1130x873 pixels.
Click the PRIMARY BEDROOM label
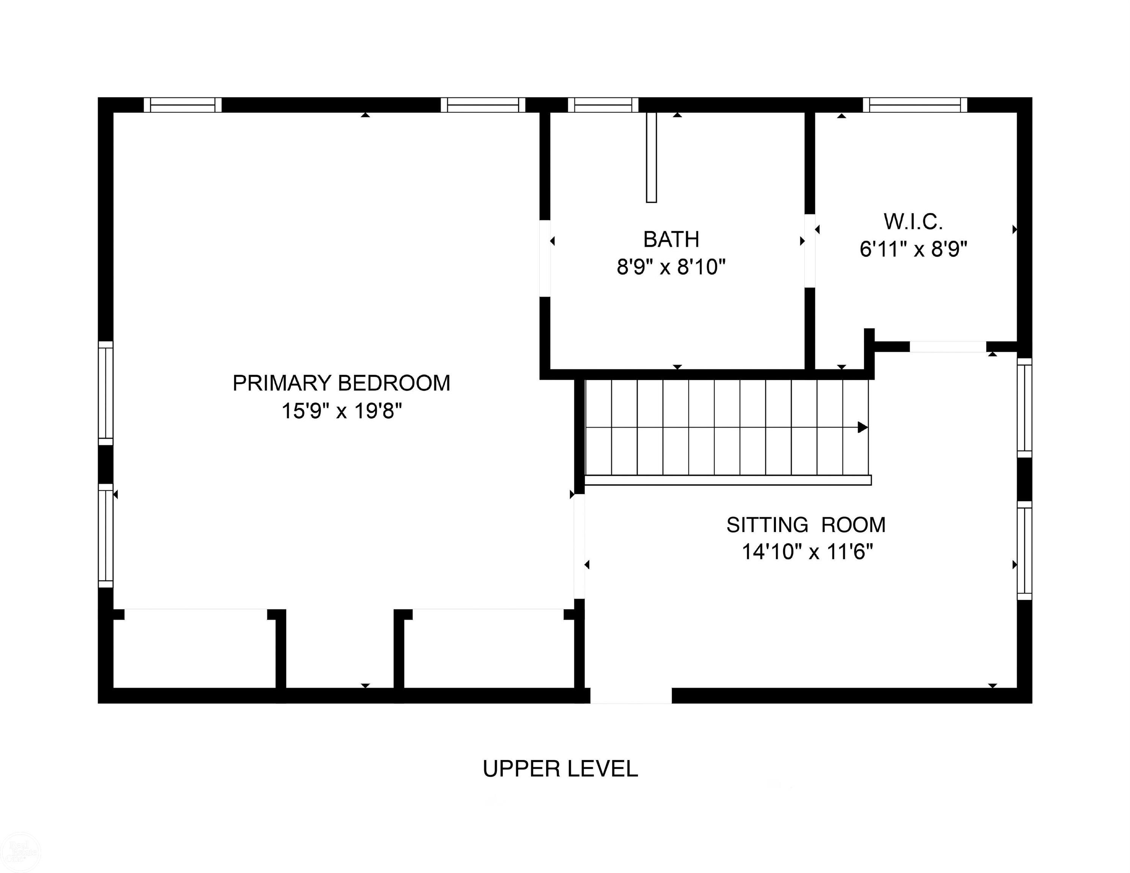click(342, 383)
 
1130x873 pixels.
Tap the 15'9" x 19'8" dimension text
click(342, 411)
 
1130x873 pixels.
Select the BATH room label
click(671, 239)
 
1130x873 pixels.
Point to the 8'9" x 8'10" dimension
click(671, 268)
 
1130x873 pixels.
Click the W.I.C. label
click(913, 222)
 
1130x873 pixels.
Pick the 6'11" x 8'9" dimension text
click(913, 250)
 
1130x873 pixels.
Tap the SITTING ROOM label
click(806, 525)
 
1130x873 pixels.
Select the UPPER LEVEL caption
click(560, 769)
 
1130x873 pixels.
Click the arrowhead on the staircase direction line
click(862, 427)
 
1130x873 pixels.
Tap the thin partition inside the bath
click(651, 157)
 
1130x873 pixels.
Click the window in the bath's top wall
click(603, 105)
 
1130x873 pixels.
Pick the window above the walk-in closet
click(915, 105)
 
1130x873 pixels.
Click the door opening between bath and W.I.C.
click(810, 251)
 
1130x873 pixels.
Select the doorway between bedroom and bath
click(545, 258)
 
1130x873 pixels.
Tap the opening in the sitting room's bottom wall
click(631, 696)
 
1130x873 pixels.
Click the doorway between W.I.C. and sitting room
click(948, 347)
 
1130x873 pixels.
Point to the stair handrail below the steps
click(728, 480)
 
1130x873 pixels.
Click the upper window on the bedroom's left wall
click(105, 393)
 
